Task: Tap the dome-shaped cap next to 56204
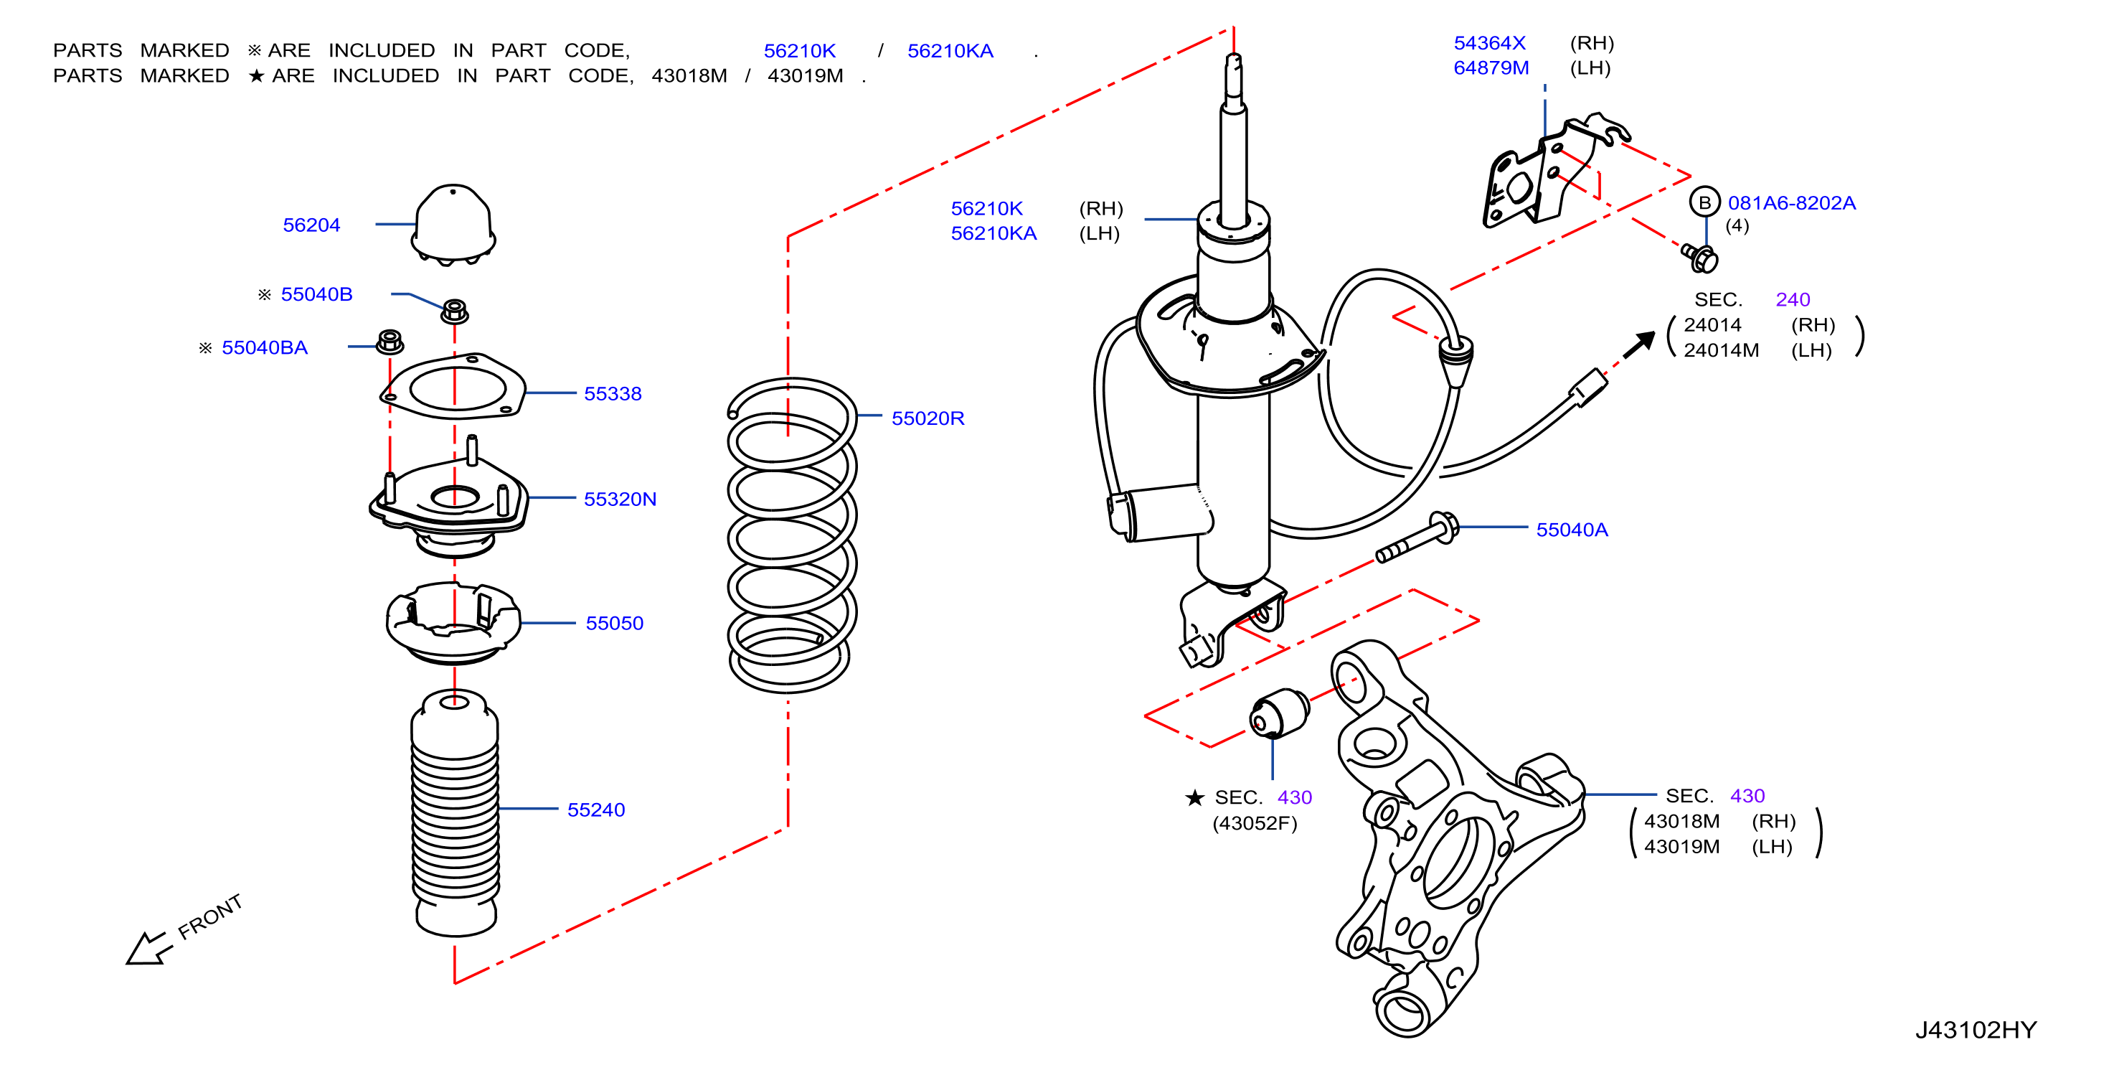click(453, 224)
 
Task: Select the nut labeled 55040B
click(455, 311)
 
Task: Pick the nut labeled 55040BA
click(390, 342)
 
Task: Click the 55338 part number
click(613, 393)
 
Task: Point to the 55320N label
click(620, 499)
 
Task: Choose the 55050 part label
click(615, 623)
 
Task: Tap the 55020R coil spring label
click(928, 418)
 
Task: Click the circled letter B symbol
click(1704, 202)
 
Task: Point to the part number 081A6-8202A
click(1792, 202)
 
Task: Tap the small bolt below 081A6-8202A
click(1700, 258)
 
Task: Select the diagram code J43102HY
click(1976, 1030)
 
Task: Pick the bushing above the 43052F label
click(1279, 713)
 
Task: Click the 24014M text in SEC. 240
click(1721, 351)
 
